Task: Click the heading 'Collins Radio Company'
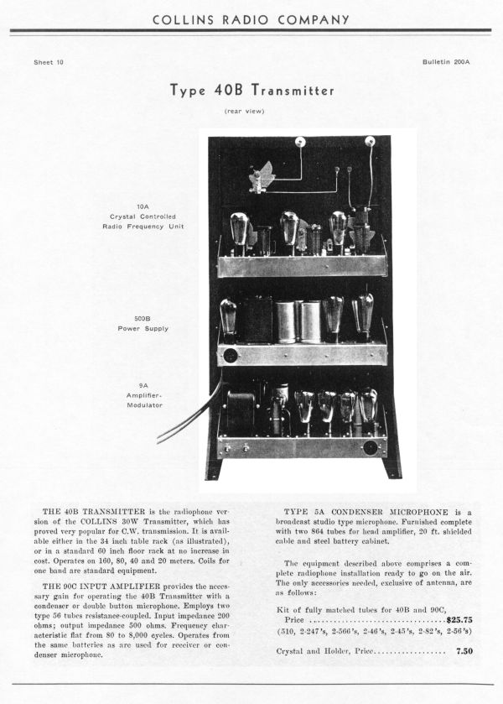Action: (x=251, y=18)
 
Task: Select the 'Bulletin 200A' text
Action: (x=447, y=63)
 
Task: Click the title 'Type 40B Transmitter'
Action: (x=251, y=90)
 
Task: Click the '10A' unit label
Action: (x=143, y=206)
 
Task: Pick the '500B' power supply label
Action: (x=143, y=318)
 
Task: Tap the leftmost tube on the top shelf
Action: (x=239, y=229)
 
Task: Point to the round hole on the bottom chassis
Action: (x=370, y=447)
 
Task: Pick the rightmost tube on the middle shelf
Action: (x=363, y=315)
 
